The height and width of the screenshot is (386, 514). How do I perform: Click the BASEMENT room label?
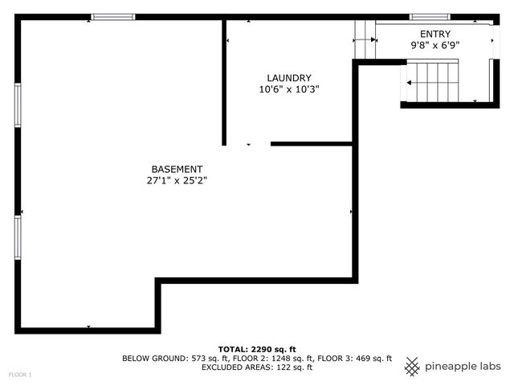coord(177,169)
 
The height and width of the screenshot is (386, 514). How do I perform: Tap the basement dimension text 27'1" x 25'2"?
coord(177,181)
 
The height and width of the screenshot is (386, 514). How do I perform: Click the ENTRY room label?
coord(435,34)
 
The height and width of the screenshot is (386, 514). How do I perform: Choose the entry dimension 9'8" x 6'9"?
coord(435,46)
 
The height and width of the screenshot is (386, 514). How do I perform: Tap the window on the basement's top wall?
coord(112,17)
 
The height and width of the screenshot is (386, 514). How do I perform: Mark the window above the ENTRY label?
coord(429,17)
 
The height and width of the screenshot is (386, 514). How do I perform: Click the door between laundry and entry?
coord(365,39)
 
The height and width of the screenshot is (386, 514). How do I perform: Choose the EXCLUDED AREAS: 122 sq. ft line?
coord(257,368)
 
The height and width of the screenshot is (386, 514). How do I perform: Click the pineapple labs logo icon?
coord(412,366)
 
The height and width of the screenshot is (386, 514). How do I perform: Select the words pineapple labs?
coord(463,367)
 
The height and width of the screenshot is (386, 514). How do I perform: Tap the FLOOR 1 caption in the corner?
coord(20,375)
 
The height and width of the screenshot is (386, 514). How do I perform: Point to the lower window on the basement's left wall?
coord(18,236)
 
